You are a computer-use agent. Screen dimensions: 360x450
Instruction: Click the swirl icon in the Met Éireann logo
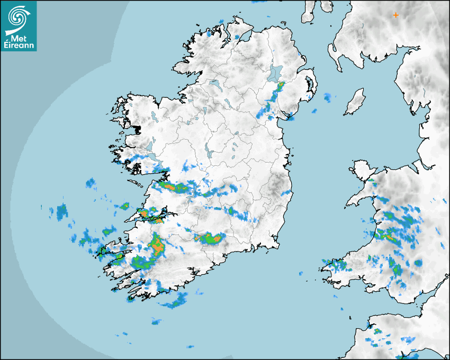coord(18,17)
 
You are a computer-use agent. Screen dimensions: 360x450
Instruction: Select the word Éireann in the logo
coord(19,46)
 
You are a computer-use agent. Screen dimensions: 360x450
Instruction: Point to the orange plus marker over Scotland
coord(395,15)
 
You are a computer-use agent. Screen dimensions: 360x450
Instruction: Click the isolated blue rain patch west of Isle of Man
coord(328,97)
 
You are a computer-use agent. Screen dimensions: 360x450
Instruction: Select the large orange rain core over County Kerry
coord(156,244)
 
